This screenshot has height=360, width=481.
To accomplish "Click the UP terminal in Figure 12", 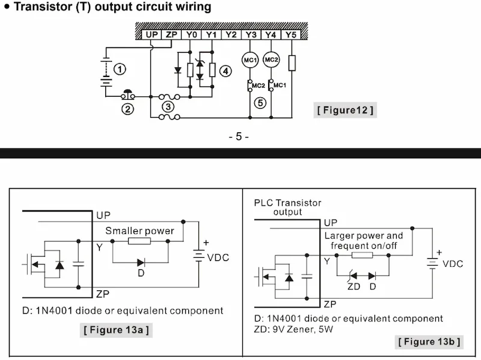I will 152,35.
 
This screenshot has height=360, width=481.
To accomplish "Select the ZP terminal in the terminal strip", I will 171,35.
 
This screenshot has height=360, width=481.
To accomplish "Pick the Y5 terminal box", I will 292,35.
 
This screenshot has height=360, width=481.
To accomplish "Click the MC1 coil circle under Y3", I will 250,60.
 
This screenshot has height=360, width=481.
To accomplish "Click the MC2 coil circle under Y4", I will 271,60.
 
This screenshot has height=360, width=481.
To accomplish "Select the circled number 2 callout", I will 127,109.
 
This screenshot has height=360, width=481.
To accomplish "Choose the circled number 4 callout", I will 225,71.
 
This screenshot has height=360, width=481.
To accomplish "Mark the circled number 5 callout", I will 260,103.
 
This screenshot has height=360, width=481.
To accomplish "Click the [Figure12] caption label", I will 345,110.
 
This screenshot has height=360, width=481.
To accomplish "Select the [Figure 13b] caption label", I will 429,342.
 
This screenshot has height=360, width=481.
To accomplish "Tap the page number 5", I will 239,136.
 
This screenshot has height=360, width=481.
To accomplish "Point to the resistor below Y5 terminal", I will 292,63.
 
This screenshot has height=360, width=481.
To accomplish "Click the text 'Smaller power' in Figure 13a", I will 139,231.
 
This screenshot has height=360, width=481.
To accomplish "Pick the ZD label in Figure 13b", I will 354,286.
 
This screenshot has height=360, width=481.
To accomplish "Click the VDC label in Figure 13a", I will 218,258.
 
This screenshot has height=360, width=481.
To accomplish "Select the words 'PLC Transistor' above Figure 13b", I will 287,203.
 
